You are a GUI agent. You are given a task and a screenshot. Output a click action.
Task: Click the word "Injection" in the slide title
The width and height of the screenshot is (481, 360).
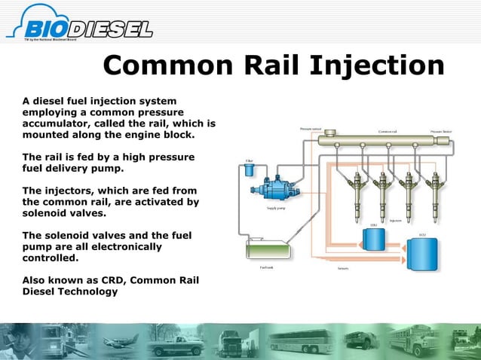[376, 66]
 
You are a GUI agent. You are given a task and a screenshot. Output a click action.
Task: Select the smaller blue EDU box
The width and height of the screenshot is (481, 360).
[373, 239]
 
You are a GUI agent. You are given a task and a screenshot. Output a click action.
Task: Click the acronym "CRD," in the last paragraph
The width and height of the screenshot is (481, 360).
[109, 279]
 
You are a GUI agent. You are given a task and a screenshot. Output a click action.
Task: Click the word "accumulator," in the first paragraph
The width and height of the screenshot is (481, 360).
[57, 123]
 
